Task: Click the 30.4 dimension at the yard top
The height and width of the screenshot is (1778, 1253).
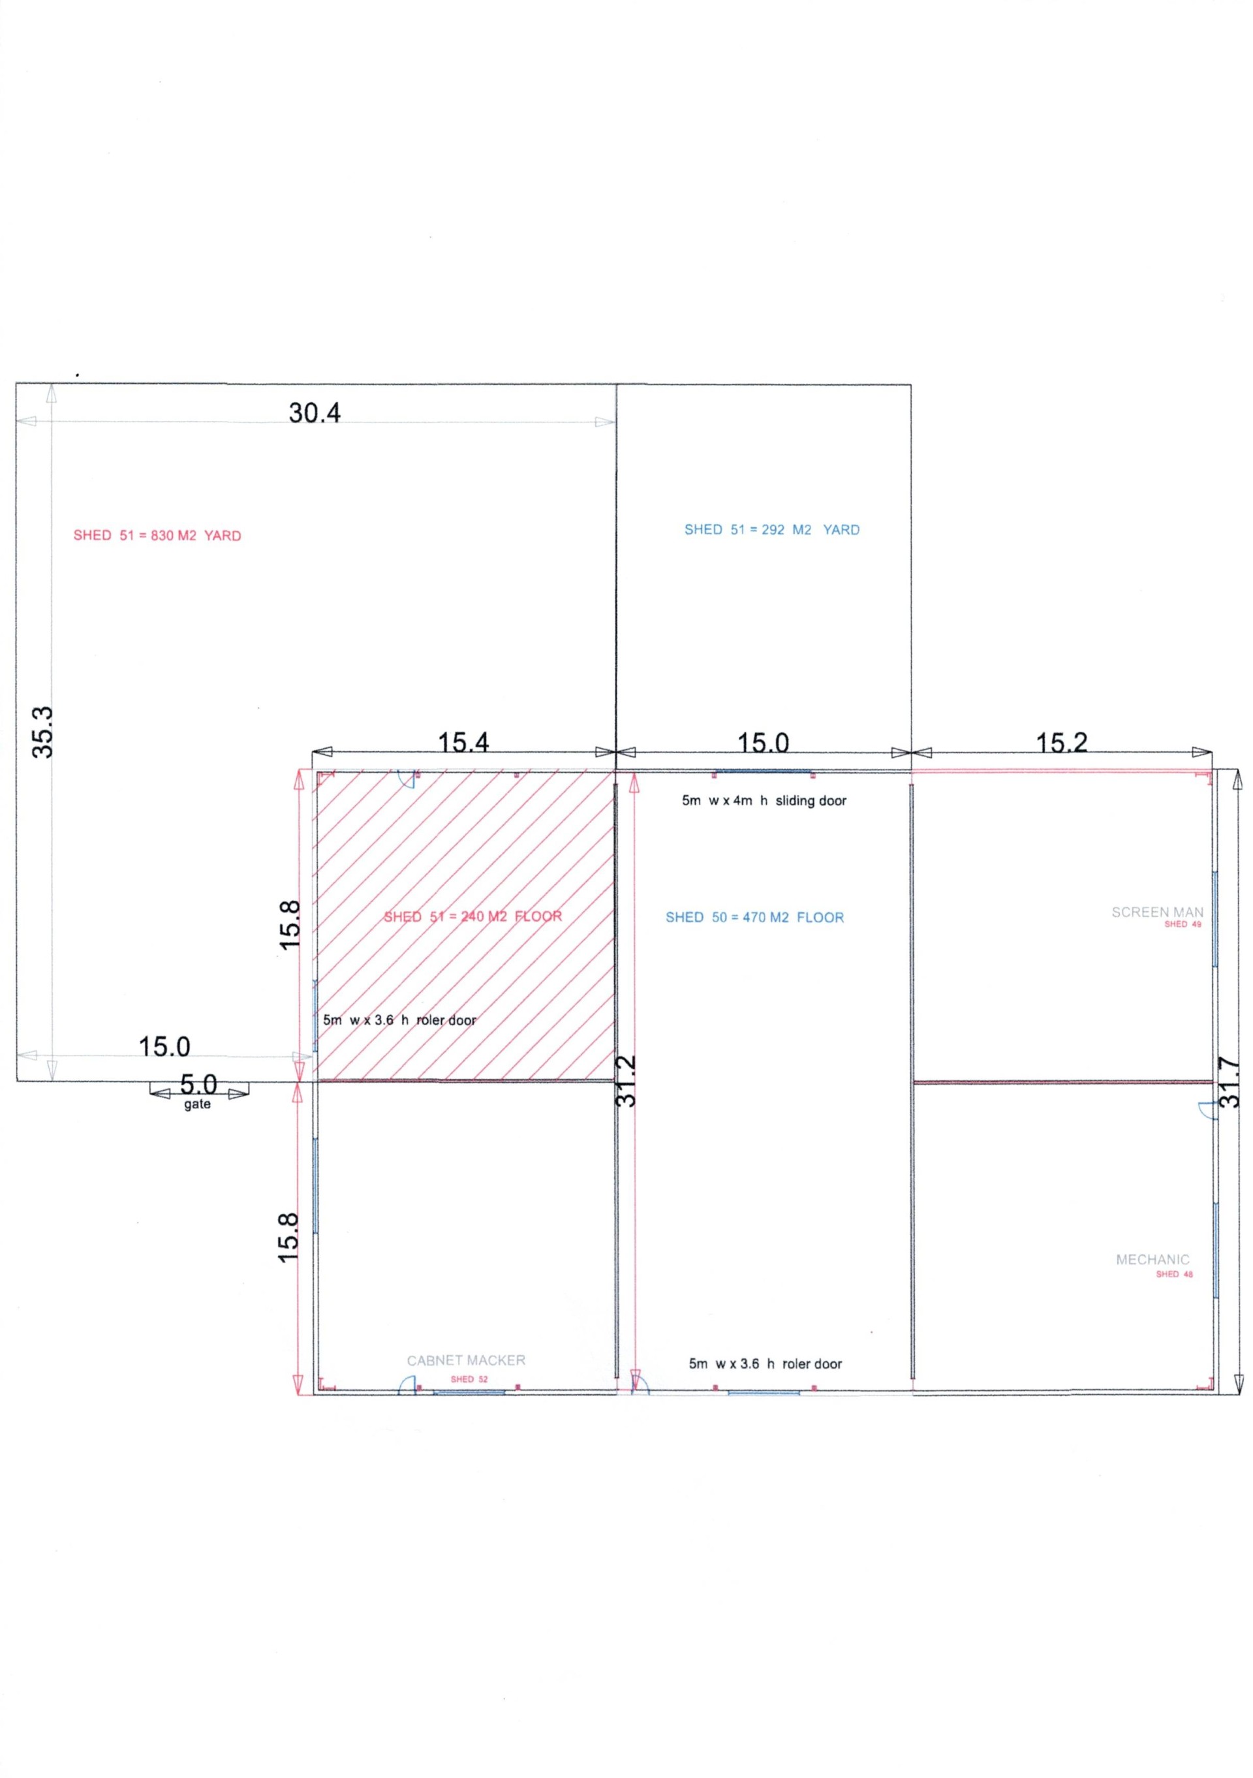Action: (315, 413)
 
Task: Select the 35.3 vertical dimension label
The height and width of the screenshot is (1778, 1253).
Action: (42, 732)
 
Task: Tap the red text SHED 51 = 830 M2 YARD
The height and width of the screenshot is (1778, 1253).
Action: (157, 535)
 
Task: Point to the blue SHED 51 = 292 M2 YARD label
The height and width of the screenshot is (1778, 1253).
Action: (771, 530)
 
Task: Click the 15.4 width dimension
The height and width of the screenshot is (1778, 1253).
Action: (464, 743)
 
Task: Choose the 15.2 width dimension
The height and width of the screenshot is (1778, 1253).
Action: (1062, 743)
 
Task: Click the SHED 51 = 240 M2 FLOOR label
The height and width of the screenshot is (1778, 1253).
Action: (472, 916)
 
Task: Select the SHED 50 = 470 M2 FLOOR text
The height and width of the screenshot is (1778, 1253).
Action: (754, 917)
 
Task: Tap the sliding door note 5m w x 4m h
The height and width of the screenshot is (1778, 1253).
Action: (764, 801)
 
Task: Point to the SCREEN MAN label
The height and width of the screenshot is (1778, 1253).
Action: (1157, 912)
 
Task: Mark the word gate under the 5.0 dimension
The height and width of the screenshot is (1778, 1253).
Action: (198, 1104)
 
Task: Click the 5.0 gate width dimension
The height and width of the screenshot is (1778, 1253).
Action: (199, 1084)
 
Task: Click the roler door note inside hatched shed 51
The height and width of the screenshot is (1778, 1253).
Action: (399, 1020)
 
